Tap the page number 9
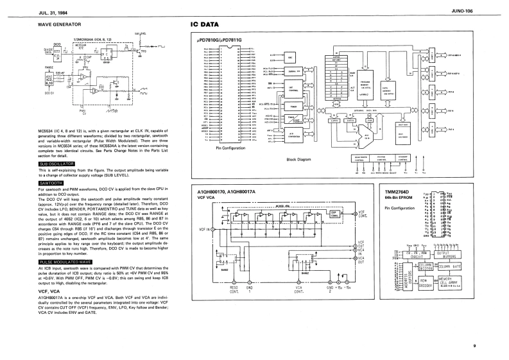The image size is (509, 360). (474, 347)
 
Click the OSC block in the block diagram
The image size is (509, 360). (290, 56)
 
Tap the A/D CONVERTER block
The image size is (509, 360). (293, 135)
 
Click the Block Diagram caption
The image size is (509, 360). (297, 158)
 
